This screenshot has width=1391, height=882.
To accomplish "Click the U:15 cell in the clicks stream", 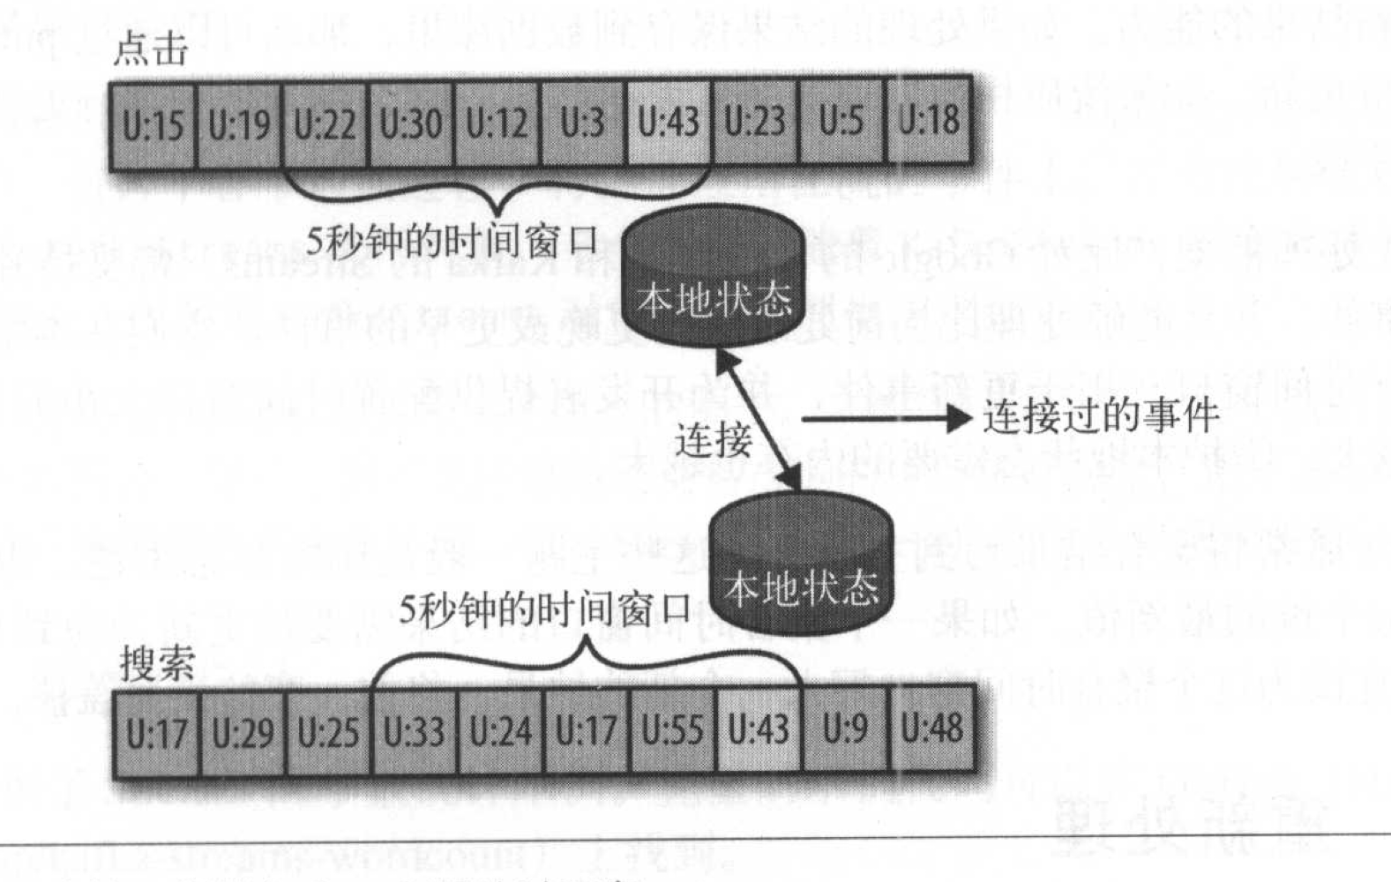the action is tap(153, 123).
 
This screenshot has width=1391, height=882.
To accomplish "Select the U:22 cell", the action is tap(325, 123).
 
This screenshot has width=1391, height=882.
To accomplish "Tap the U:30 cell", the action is tap(411, 123).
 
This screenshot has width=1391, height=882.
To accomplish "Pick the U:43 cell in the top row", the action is tap(669, 123).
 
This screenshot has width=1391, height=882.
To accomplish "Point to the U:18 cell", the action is tap(929, 122).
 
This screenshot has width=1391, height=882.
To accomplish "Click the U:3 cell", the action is tap(583, 123).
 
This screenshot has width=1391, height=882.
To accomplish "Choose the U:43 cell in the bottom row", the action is tap(759, 730).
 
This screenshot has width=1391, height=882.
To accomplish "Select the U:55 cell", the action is tap(673, 730).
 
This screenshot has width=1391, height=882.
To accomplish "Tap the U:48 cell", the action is tap(932, 730).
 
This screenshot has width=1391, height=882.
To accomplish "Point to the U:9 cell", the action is tap(845, 730).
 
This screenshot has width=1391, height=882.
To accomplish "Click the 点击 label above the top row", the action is tap(150, 50).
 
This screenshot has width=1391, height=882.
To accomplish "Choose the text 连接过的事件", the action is tap(1101, 416).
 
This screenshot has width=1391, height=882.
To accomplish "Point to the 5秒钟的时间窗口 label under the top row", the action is tap(452, 241).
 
